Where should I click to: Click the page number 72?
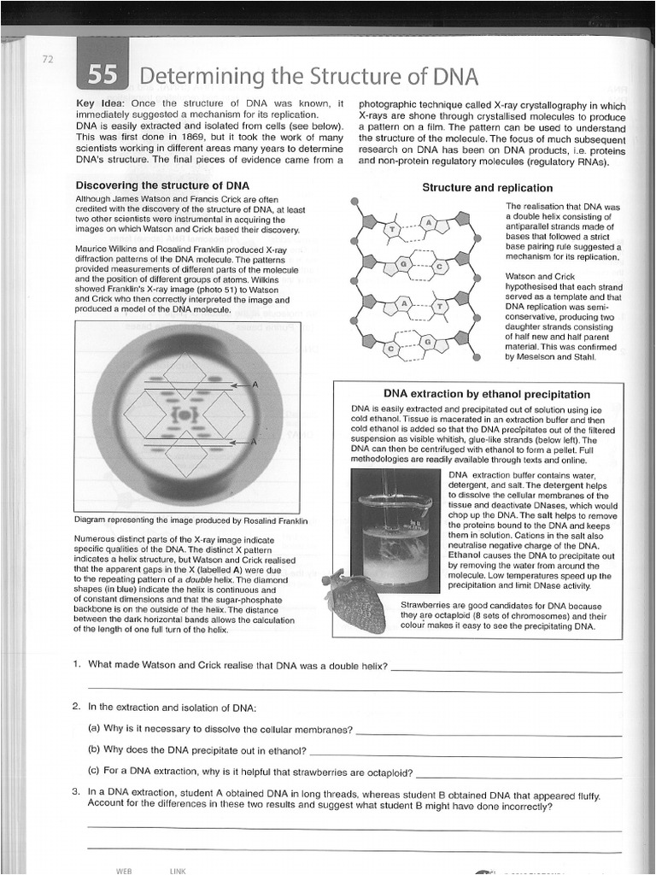[47, 59]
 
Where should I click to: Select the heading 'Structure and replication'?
[487, 187]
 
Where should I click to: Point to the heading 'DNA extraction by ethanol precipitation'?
[486, 394]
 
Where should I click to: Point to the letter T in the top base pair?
[392, 230]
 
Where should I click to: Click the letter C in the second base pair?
[439, 267]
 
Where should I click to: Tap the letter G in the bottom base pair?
[430, 341]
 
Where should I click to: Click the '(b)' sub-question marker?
[94, 749]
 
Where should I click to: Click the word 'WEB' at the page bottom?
[124, 870]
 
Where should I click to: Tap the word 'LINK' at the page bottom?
[178, 870]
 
